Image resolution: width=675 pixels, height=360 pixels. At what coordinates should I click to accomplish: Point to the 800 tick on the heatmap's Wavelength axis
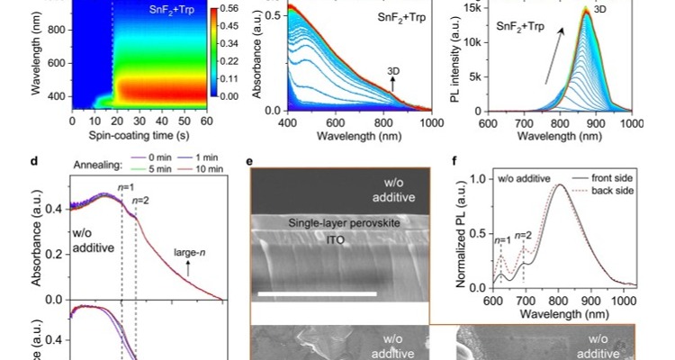click(56, 30)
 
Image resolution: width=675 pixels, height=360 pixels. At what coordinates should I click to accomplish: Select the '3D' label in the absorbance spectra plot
click(393, 70)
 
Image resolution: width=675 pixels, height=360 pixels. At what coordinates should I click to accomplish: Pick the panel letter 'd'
click(33, 162)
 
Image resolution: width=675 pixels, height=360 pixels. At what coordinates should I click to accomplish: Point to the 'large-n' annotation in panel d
click(188, 253)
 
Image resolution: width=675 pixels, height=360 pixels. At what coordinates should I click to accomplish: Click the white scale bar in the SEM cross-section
click(316, 293)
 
